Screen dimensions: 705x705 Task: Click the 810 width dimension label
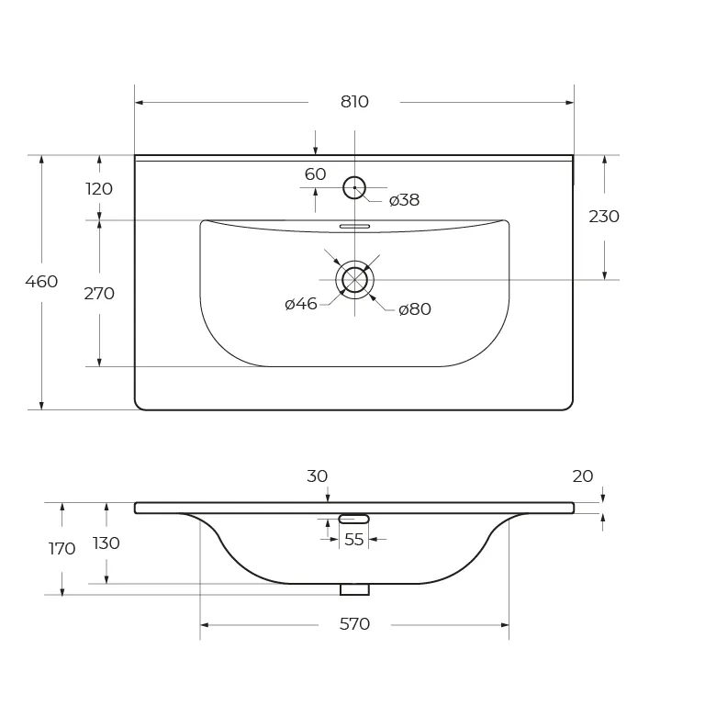[x=354, y=102]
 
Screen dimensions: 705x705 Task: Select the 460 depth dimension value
[x=41, y=282]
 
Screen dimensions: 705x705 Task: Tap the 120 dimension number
[x=99, y=189]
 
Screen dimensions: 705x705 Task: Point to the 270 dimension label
[x=99, y=294]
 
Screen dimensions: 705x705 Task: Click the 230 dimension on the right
[x=604, y=217]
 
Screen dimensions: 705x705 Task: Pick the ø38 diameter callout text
[x=404, y=200]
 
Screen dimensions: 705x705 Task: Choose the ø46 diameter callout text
[x=301, y=305]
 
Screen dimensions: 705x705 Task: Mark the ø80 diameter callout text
[x=415, y=309]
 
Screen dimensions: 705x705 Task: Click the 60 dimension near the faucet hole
[x=315, y=174]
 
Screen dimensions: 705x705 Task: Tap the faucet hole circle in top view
[x=354, y=187]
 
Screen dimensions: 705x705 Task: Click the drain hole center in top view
[x=354, y=280]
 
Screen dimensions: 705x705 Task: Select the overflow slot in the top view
[x=354, y=226]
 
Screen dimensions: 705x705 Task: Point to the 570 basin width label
[x=354, y=624]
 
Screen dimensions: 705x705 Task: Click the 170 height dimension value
[x=62, y=549]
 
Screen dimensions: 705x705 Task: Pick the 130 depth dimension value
[x=106, y=543]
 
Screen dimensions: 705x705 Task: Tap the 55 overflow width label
[x=353, y=540]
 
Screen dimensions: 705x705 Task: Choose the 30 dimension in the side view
[x=317, y=476]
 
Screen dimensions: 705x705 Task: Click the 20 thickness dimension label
[x=583, y=476]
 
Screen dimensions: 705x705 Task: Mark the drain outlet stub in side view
[x=354, y=589]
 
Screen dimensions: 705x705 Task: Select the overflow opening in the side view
[x=353, y=520]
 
